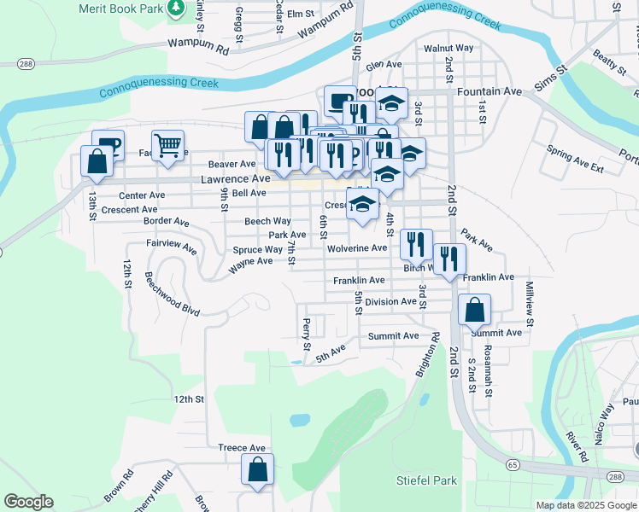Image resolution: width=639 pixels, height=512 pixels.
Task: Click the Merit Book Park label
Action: point(119,8)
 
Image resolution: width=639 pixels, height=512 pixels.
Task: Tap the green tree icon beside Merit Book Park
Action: point(176,8)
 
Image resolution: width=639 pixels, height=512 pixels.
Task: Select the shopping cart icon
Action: point(167,145)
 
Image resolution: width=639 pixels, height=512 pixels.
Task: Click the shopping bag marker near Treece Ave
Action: point(257,469)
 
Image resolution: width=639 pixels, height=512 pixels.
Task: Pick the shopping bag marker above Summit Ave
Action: point(474,310)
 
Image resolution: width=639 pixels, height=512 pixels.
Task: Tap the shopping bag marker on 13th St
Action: point(97,160)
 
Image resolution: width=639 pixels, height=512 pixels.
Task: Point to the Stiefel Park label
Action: point(427,480)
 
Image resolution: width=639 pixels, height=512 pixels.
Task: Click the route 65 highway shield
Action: point(512,464)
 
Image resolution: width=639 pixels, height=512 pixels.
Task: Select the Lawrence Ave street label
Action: point(235,179)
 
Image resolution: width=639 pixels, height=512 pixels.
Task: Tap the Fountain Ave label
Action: point(489,90)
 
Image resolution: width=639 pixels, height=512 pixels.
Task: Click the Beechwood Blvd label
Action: point(172,294)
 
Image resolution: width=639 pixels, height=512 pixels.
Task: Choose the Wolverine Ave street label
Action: point(357,248)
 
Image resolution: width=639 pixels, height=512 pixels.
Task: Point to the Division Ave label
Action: point(390,302)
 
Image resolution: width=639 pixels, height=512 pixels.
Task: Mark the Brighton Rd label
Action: point(425,354)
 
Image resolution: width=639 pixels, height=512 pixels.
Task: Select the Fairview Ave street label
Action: point(172,247)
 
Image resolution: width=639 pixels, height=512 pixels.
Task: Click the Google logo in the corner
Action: point(28,502)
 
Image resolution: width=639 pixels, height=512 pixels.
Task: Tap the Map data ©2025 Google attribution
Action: point(585,505)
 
